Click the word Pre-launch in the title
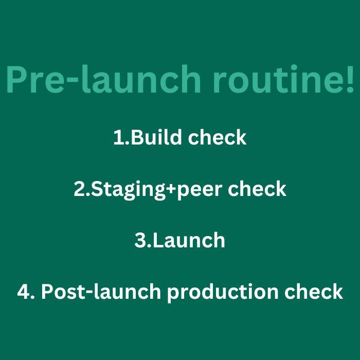point(103,79)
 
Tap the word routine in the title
point(274,79)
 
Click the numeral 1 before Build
point(119,137)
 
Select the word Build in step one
point(156,137)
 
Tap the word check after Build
point(217,137)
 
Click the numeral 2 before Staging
point(80,189)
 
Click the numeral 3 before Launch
point(140,240)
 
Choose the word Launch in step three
point(189,240)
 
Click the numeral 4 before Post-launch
point(24,292)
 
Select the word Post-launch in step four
point(101,291)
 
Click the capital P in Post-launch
point(47,292)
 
